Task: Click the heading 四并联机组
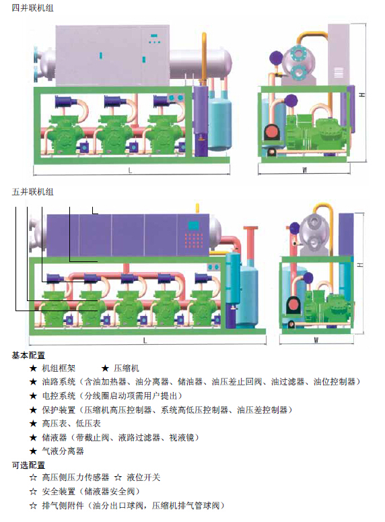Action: coord(32,8)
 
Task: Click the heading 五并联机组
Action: coord(32,192)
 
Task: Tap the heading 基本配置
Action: coord(29,355)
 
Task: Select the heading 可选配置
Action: coord(29,465)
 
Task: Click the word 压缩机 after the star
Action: coord(127,368)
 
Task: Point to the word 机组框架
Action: coord(59,368)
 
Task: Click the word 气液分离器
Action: coord(63,451)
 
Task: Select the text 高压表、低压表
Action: coord(71,424)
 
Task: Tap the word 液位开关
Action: coord(143,478)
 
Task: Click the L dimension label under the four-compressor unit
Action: coord(130,170)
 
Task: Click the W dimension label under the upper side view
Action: coord(304,170)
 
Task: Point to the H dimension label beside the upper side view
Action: coord(362,94)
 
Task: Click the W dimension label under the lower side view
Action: coord(316,340)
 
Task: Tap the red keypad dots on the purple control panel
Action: coord(194,240)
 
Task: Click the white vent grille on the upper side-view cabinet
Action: coord(339,72)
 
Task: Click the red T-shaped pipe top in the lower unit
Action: coord(250,228)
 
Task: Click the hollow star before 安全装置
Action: coord(33,492)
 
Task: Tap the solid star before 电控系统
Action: coord(33,396)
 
